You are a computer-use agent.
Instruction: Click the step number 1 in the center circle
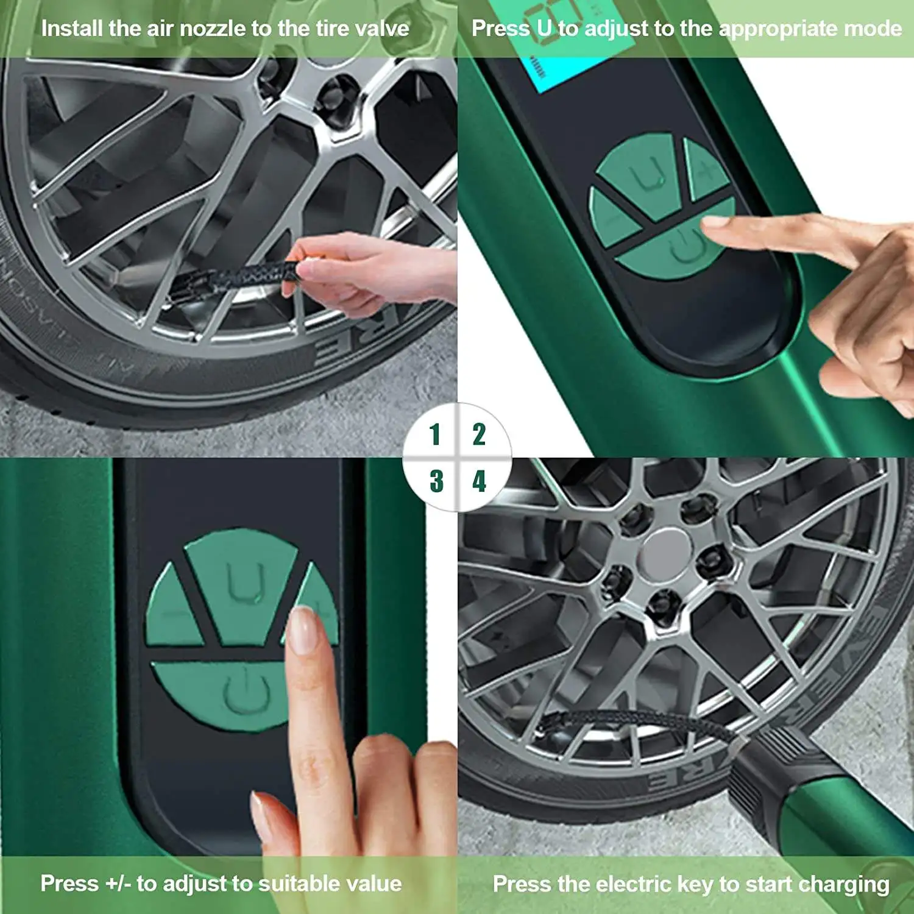pyautogui.click(x=434, y=434)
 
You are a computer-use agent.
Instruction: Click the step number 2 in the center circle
pyautogui.click(x=480, y=434)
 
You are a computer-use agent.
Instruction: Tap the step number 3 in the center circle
pyautogui.click(x=436, y=481)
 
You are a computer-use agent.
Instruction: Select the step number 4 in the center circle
pyautogui.click(x=480, y=481)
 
